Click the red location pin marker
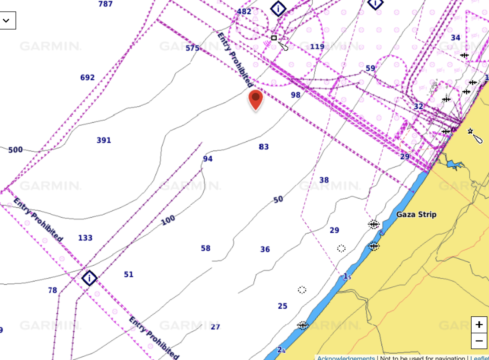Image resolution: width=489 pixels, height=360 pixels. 256,99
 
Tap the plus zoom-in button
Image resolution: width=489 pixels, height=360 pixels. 479,325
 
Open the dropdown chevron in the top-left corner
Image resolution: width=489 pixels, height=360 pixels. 6,20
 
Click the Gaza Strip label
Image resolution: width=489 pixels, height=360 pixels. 416,214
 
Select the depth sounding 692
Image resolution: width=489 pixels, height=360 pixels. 87,78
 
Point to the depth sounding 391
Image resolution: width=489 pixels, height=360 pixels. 104,140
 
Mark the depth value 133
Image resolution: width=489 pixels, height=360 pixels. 85,238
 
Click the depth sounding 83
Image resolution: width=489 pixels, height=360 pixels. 264,147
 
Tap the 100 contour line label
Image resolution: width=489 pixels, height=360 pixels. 168,220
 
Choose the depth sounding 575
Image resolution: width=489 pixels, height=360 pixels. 193,48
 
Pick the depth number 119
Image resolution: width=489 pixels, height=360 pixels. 317,47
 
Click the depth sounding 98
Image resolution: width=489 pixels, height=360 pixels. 296,95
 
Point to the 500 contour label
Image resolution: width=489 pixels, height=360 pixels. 15,150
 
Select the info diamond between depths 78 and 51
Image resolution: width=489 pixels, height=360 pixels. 89,278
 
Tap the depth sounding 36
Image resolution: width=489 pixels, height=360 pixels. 265,249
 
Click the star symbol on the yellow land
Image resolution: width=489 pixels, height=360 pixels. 470,131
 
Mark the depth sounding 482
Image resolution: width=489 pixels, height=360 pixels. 244,12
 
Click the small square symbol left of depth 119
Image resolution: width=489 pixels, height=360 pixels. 274,38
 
